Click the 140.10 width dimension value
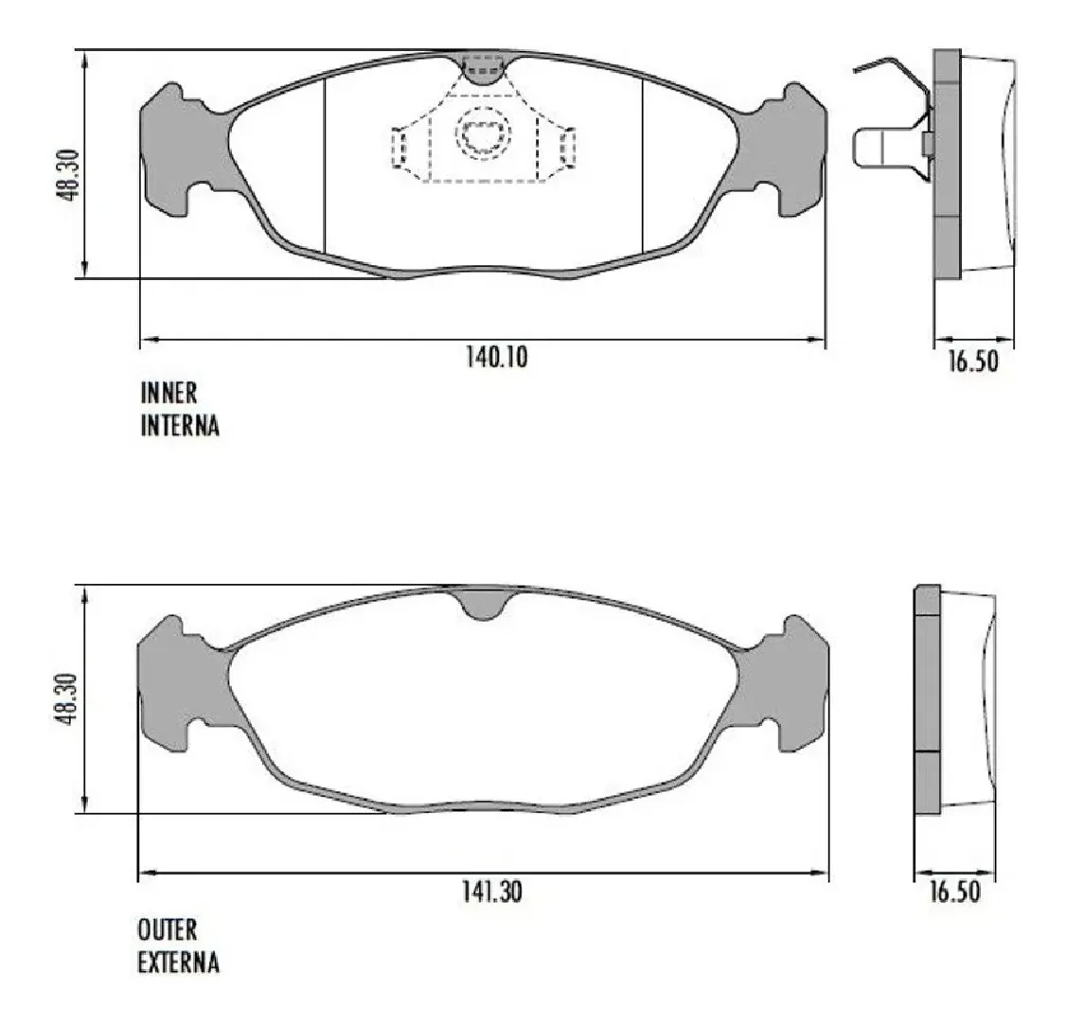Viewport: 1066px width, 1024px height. click(x=496, y=357)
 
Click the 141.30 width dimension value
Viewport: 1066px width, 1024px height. click(x=492, y=892)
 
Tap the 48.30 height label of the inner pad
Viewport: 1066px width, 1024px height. click(x=69, y=175)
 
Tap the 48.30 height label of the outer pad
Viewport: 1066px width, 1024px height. click(x=69, y=698)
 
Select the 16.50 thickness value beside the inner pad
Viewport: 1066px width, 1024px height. click(x=973, y=362)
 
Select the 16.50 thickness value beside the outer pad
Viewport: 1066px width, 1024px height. click(x=954, y=892)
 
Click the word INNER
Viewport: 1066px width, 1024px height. click(x=169, y=393)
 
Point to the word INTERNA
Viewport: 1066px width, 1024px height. click(x=180, y=425)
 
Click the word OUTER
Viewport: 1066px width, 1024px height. click(x=168, y=929)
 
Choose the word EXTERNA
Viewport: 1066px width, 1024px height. click(x=178, y=962)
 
